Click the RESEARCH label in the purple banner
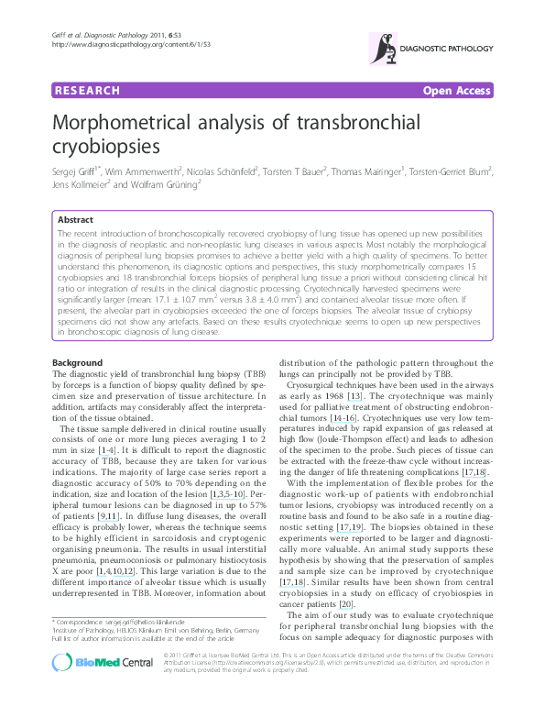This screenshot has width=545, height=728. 87,91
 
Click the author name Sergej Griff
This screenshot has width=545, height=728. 83,171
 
